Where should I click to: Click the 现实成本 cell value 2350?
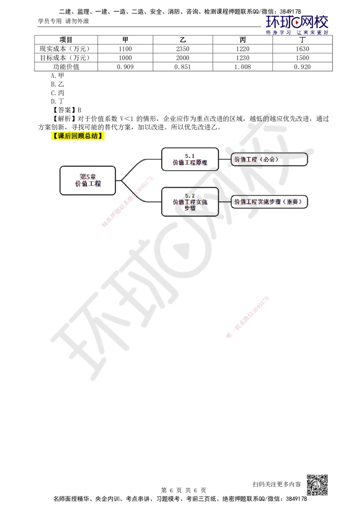pos(183,49)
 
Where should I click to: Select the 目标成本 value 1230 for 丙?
pos(243,58)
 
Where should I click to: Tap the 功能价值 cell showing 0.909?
pos(125,67)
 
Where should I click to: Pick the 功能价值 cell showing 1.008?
pos(243,67)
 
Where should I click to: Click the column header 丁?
pos(302,40)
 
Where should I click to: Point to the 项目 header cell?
pos(66,40)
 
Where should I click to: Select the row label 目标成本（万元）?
pos(65,58)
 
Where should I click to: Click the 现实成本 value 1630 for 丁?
pos(302,49)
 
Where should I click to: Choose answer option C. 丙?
pos(58,93)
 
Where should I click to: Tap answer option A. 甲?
pos(58,76)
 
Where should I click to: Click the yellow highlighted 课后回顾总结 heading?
pos(78,136)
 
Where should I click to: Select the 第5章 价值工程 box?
pos(88,180)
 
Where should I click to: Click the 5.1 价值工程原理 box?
pos(190,159)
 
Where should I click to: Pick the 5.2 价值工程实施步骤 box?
pos(190,202)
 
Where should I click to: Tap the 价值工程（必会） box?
pos(269,159)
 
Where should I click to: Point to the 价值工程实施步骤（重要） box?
pos(269,201)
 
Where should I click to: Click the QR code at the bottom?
pos(317,485)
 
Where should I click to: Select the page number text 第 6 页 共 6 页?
pos(184,490)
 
